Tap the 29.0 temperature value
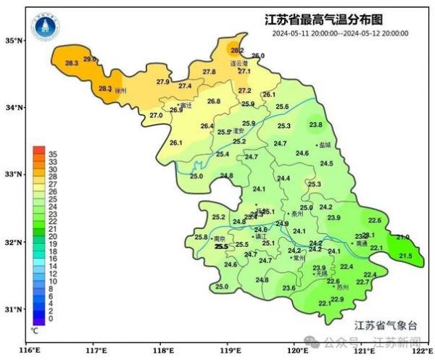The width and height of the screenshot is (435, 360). [90, 59]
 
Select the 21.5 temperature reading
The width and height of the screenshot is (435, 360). [405, 256]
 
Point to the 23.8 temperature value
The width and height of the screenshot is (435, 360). [315, 125]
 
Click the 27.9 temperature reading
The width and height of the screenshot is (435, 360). [162, 82]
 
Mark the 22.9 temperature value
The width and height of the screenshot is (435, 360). [337, 299]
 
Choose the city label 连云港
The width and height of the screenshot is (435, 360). [239, 63]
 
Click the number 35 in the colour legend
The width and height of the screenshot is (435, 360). [52, 154]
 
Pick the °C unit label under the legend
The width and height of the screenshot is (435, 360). [34, 329]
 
